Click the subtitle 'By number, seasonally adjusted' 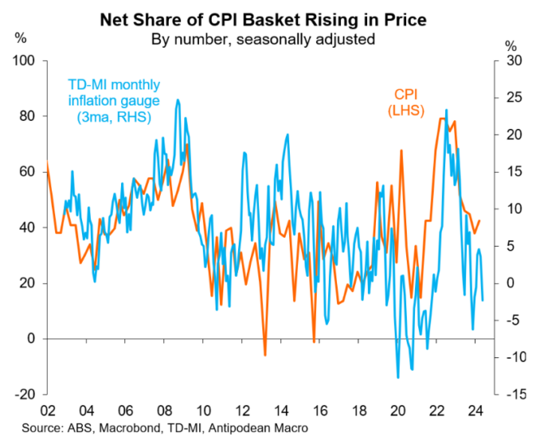(268, 37)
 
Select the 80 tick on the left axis (25, 116)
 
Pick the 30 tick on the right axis (510, 61)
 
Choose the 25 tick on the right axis (510, 98)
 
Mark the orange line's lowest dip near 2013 (265, 355)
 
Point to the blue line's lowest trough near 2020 (398, 377)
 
